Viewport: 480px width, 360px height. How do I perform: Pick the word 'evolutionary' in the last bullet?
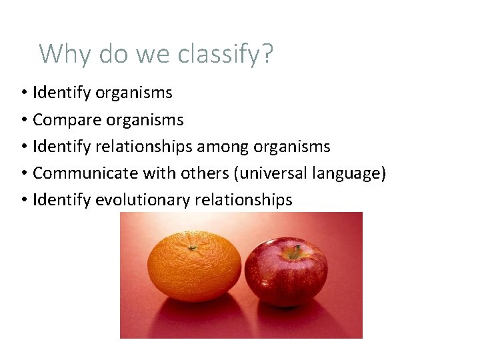tap(143, 200)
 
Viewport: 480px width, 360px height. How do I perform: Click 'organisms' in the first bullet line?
tap(133, 93)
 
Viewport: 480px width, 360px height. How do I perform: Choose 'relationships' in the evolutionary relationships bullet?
tap(243, 200)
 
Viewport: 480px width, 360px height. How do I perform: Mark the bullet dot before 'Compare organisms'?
tap(23, 121)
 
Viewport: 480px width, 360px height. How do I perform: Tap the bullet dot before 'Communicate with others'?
tap(23, 174)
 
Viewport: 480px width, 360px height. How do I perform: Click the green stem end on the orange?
tap(192, 247)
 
